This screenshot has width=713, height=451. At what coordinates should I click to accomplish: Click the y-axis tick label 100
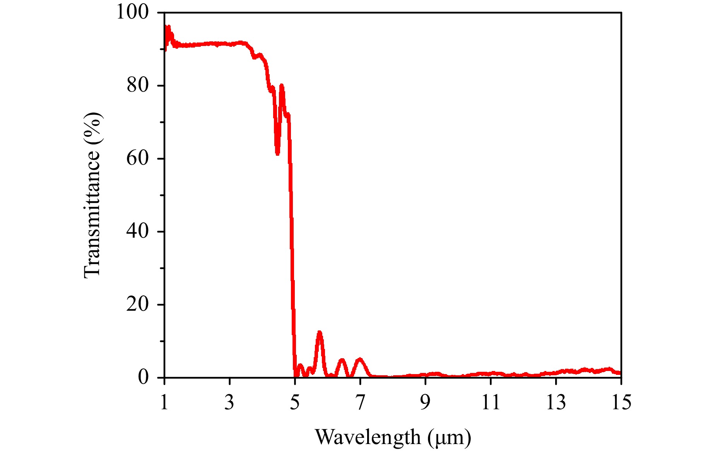pos(133,12)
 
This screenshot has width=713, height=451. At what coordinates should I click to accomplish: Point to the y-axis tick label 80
pos(137,85)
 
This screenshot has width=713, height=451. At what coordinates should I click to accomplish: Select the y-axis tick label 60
pos(137,158)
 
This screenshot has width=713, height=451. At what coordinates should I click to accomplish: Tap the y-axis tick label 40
pos(137,231)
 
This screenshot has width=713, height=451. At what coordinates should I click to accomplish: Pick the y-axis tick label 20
pos(137,305)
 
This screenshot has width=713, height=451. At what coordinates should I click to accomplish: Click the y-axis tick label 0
pos(143,378)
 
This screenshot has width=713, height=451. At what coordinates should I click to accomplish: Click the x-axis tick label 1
pos(164,403)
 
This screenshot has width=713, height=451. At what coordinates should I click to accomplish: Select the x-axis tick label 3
pos(229,403)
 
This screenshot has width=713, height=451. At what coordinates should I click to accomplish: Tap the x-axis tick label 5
pos(295,403)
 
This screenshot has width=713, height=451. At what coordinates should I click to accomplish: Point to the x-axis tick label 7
pos(360,403)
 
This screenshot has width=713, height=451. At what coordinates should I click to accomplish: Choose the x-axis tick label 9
pos(425,403)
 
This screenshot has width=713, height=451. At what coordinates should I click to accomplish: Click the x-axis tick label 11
pos(491,403)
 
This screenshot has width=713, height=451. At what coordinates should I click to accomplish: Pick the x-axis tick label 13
pos(556,403)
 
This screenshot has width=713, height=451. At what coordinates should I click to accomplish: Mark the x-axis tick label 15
pos(621,403)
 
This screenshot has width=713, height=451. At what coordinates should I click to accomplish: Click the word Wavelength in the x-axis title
pos(368,437)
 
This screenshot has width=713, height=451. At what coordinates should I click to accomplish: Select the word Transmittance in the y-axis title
pos(92,213)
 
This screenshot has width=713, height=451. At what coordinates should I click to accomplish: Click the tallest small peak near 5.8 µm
pos(320,332)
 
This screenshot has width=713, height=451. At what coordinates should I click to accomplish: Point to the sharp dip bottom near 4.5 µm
pos(277,153)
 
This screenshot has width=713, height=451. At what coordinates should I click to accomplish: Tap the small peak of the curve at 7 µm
pos(360,359)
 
